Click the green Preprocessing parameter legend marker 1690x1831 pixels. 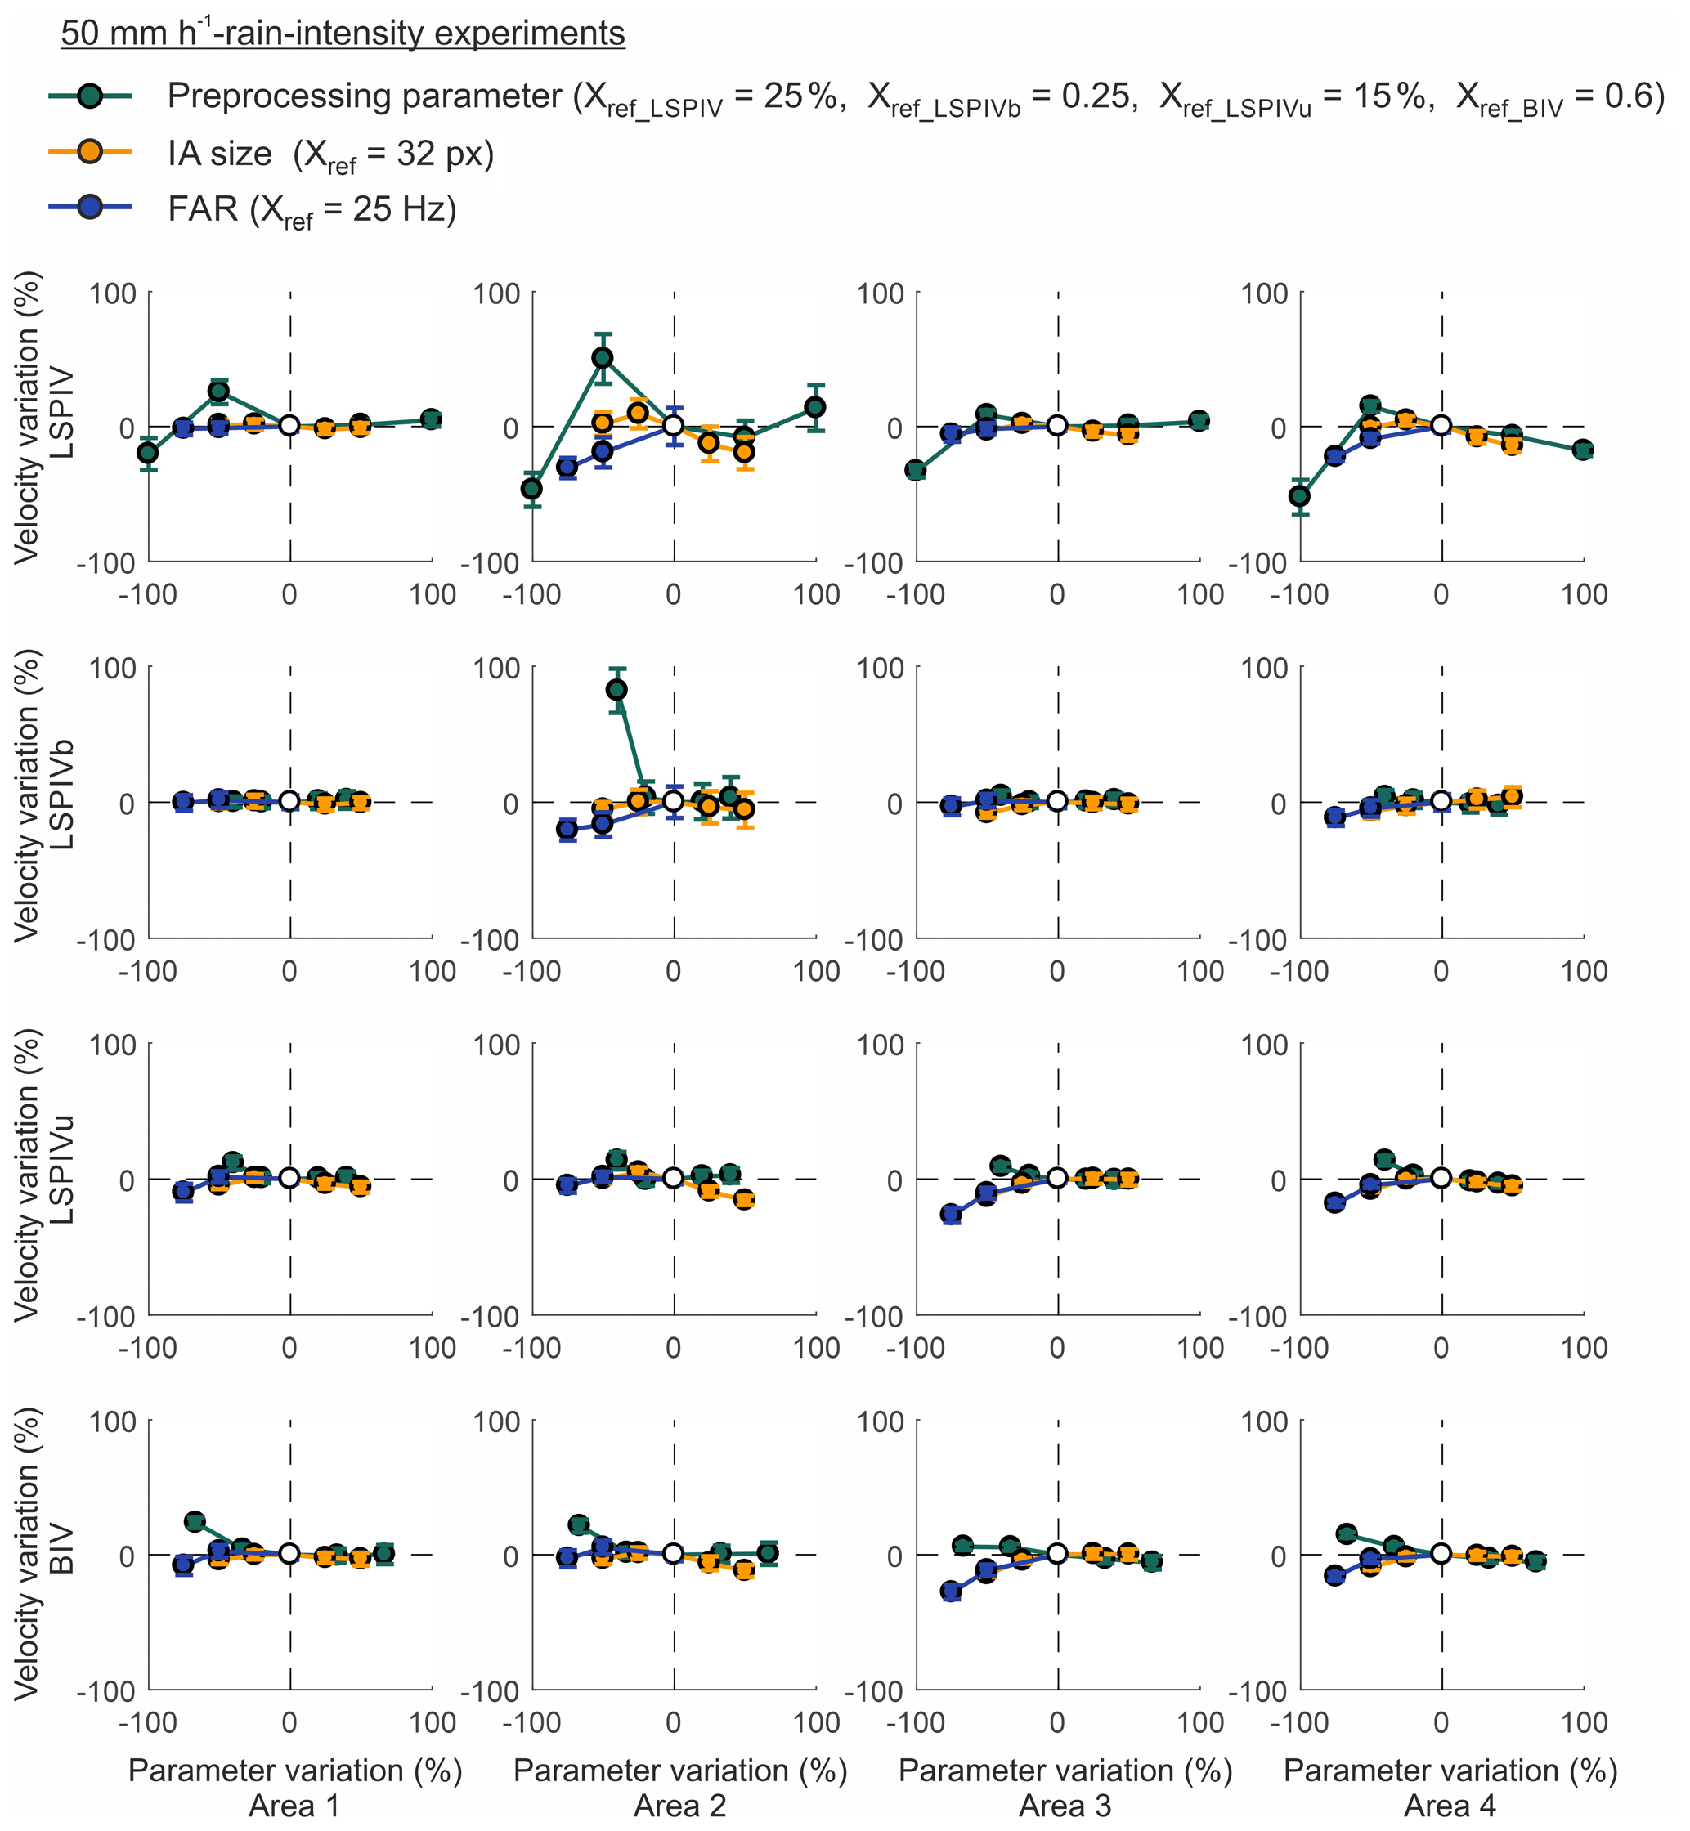(x=90, y=96)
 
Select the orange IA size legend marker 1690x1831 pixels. (x=90, y=152)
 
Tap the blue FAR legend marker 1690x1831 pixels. (x=90, y=208)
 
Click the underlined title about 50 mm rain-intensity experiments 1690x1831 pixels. (x=343, y=34)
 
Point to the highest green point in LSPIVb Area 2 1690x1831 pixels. (x=617, y=689)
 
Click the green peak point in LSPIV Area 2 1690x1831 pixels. (x=603, y=357)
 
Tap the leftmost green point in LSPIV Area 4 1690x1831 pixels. (x=1299, y=496)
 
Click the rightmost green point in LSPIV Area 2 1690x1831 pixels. (x=816, y=407)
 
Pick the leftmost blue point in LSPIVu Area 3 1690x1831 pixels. (x=952, y=1214)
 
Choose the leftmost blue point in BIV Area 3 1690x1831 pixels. (x=952, y=1591)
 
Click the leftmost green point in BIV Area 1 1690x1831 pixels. (x=195, y=1522)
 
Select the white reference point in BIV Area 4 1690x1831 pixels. (x=1441, y=1553)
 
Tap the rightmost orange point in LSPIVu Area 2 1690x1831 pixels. (x=744, y=1199)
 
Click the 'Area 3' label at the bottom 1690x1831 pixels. (x=1065, y=1806)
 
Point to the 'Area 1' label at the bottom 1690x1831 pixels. (x=294, y=1806)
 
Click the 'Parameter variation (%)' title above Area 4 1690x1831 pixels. (x=1450, y=1771)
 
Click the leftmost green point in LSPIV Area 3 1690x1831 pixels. (x=916, y=471)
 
